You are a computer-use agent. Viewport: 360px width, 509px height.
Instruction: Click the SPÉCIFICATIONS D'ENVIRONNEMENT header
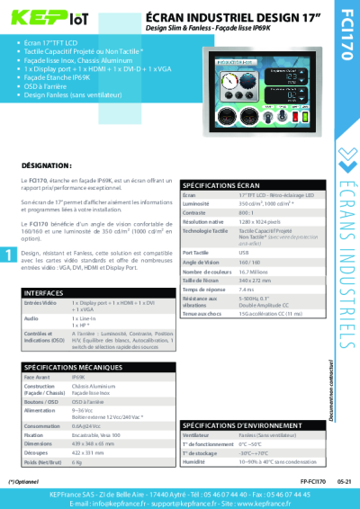tap(236, 424)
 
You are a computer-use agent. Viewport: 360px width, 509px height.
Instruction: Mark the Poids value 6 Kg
tap(77, 462)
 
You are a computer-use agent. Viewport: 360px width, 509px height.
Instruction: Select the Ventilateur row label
tap(200, 434)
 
